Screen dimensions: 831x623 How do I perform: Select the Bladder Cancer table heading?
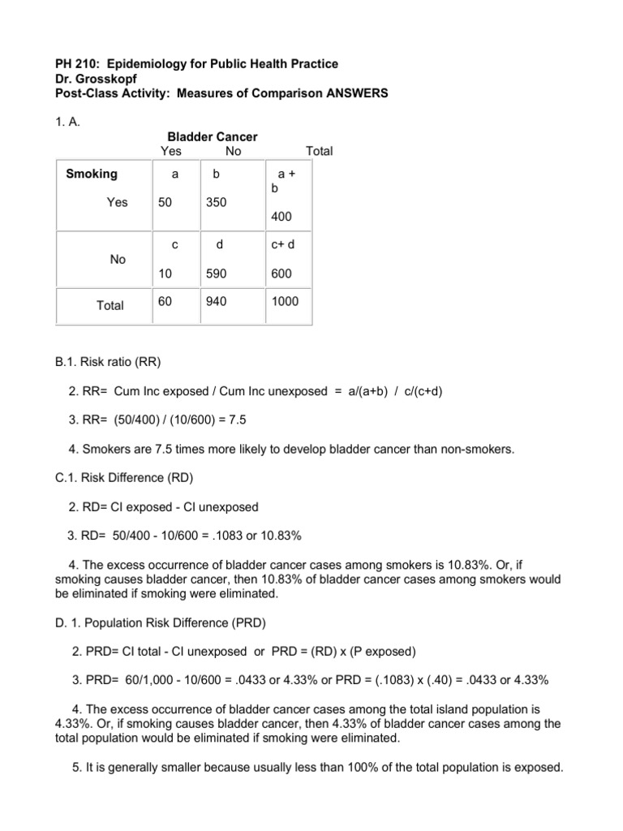point(212,137)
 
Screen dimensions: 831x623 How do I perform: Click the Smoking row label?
point(92,174)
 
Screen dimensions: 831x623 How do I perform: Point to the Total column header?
point(318,151)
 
